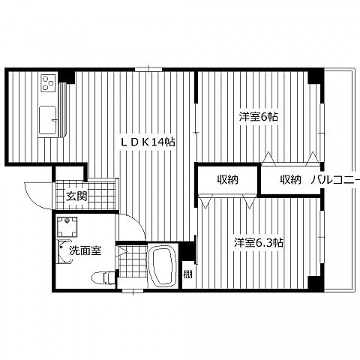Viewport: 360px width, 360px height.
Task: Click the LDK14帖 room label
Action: [148, 142]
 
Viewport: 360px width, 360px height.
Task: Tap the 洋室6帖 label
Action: [259, 116]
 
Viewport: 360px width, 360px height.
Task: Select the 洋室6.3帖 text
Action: [259, 242]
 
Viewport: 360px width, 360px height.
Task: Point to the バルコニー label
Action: [335, 180]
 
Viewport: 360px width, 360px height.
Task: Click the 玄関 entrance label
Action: [76, 196]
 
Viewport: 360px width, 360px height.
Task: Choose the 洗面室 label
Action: [85, 250]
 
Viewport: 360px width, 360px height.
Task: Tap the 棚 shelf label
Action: [188, 274]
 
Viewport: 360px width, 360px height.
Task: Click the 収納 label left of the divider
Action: [227, 179]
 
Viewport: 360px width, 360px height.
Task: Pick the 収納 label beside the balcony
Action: [290, 179]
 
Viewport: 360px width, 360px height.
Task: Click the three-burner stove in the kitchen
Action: [48, 82]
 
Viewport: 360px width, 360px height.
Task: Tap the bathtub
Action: [163, 265]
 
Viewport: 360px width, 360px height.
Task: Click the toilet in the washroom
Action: [103, 277]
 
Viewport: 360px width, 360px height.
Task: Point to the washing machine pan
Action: [67, 227]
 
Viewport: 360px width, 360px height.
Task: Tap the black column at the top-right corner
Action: [316, 76]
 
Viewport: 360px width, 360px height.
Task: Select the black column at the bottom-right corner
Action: [316, 283]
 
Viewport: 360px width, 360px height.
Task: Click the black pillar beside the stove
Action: [67, 77]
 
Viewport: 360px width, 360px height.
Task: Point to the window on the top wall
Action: [148, 69]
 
